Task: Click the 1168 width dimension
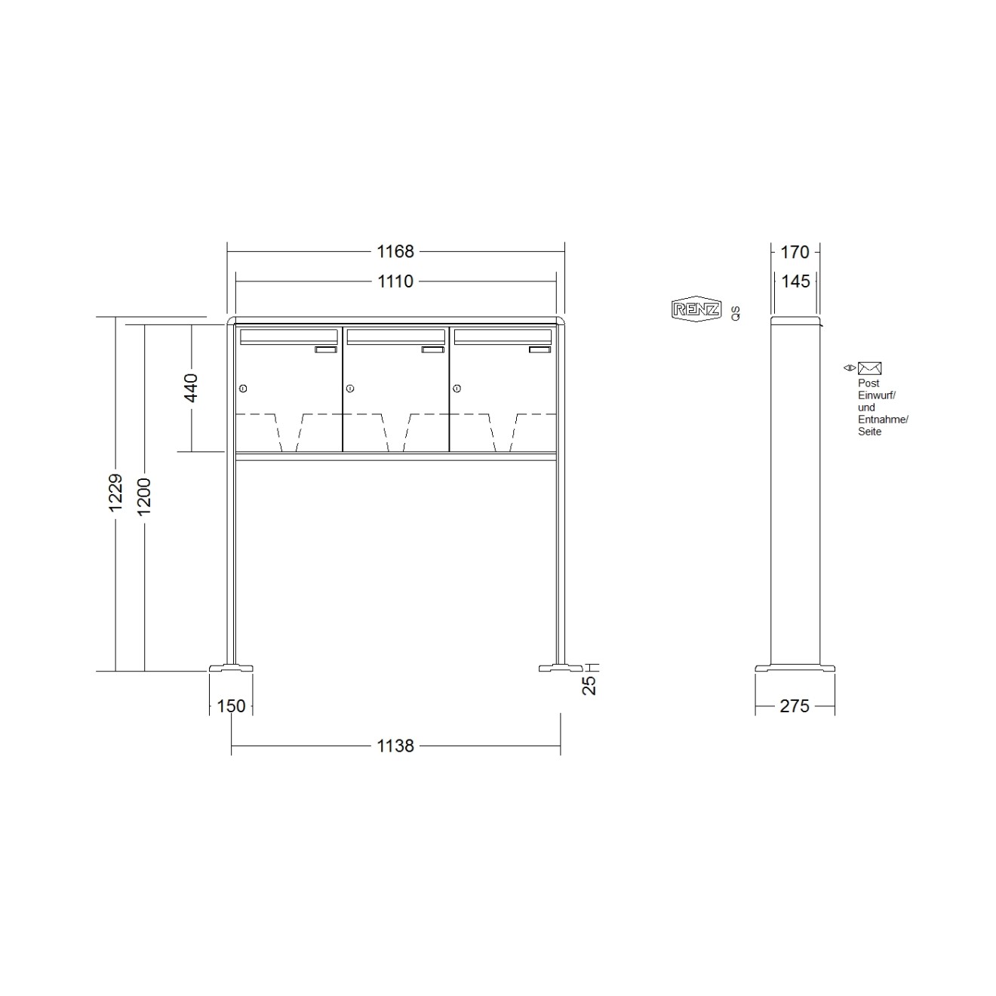click(x=395, y=251)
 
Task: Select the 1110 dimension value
click(x=395, y=281)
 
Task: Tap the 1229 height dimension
click(x=115, y=493)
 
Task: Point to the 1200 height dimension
click(x=144, y=496)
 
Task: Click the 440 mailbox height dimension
click(x=191, y=388)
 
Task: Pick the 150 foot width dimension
click(x=231, y=706)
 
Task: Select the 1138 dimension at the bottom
click(x=395, y=745)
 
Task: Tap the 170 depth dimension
click(x=795, y=251)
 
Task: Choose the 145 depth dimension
click(x=795, y=281)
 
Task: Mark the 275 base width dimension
click(x=795, y=706)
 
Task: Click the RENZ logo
click(x=696, y=309)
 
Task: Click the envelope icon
click(x=869, y=368)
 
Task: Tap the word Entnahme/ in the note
click(x=883, y=420)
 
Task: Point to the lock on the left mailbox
click(x=243, y=389)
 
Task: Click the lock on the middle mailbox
click(x=350, y=389)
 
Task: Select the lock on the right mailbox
click(x=457, y=389)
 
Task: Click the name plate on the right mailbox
click(x=539, y=349)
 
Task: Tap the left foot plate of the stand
click(x=231, y=668)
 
